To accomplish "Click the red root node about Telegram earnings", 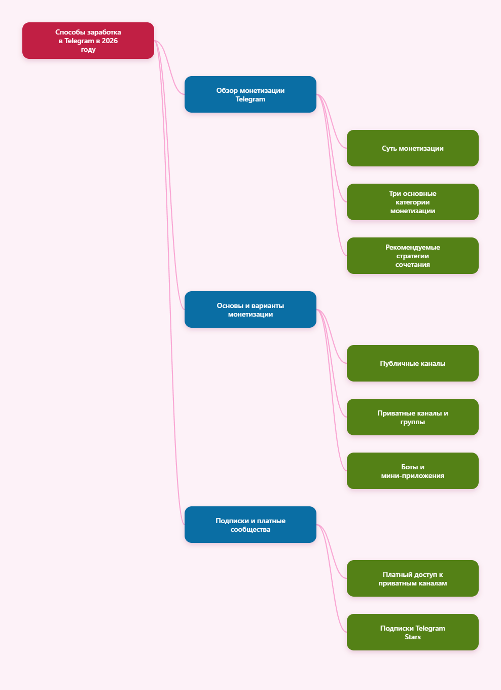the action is point(88,41).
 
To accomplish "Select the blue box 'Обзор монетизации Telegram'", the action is point(251,94).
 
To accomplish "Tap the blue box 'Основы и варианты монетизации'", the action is point(251,309).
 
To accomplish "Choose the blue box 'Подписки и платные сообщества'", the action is point(251,525).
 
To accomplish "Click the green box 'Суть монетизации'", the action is point(413,148).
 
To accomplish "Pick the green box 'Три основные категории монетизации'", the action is point(413,202).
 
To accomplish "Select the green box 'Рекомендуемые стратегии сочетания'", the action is point(413,256).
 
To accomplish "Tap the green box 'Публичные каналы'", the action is point(413,363).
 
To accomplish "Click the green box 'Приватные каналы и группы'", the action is point(413,417).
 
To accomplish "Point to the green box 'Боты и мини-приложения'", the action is point(413,471).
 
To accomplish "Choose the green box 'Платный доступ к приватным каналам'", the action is point(413,578).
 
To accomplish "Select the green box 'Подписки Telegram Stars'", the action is point(413,632).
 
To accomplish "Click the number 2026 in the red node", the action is point(110,41).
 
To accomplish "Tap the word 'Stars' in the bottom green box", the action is point(413,637).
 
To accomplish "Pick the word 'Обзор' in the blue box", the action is point(227,90).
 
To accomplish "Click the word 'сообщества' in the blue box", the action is point(251,530).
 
